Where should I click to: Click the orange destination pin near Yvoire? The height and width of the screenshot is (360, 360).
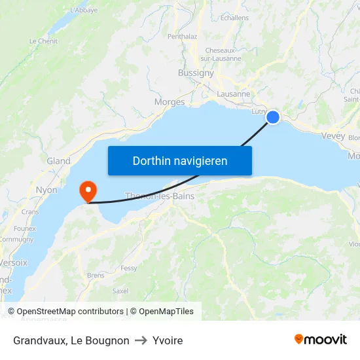click(x=87, y=190)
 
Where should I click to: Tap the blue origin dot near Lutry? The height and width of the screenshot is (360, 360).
click(x=273, y=117)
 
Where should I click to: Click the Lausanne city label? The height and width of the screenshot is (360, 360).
click(x=233, y=94)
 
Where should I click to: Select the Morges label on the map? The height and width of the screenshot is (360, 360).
click(x=170, y=101)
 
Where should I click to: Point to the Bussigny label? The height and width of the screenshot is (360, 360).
click(x=196, y=73)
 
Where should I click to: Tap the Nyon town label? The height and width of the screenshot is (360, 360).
click(x=46, y=190)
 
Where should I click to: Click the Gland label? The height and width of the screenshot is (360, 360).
click(x=58, y=161)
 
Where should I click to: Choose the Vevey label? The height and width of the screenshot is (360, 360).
click(x=333, y=135)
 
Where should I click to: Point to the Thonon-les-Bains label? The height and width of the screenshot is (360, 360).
click(x=159, y=196)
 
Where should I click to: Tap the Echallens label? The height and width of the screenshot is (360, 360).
click(x=234, y=18)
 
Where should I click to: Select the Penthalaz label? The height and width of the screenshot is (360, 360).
click(x=183, y=37)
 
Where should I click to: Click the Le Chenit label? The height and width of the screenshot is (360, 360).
click(x=43, y=41)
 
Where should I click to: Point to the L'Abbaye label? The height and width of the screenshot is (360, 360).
click(x=83, y=10)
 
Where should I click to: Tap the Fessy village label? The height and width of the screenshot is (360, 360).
click(x=129, y=268)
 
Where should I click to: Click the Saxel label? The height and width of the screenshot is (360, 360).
click(x=120, y=291)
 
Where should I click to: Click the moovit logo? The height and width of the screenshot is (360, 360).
click(x=321, y=340)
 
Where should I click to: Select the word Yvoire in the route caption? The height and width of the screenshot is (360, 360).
click(x=168, y=340)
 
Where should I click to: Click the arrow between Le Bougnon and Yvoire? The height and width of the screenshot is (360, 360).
click(x=141, y=340)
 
